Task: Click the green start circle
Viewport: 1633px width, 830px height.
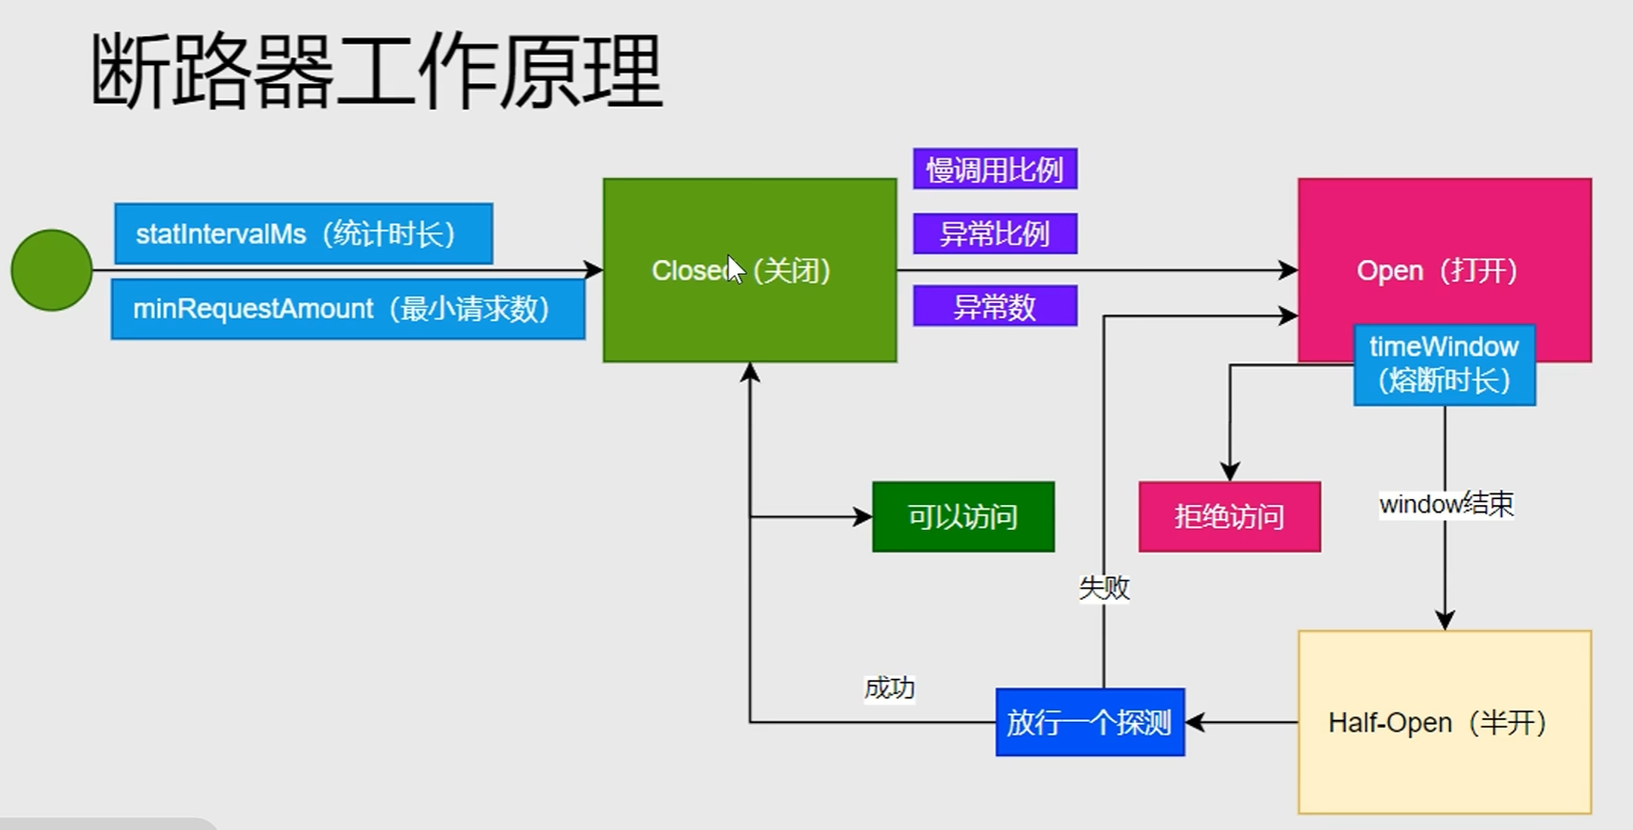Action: click(x=52, y=271)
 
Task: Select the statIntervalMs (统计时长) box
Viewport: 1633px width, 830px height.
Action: click(x=303, y=233)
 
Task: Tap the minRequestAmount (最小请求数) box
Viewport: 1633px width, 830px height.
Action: click(x=347, y=309)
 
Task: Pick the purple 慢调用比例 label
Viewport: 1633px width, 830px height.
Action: click(x=994, y=169)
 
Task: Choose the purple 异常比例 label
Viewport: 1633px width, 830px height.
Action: click(x=994, y=233)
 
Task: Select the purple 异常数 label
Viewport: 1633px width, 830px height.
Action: click(x=994, y=306)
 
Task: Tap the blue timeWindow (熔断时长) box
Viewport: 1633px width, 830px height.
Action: click(x=1444, y=365)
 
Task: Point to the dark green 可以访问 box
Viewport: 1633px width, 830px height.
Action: click(x=963, y=516)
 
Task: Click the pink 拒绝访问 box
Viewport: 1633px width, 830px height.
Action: click(x=1229, y=516)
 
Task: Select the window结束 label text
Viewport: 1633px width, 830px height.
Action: click(x=1446, y=504)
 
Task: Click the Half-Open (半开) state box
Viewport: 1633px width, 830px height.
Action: click(x=1444, y=722)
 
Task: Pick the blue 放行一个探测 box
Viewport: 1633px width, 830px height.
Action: click(x=1089, y=722)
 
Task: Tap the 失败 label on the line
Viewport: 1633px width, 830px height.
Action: click(x=1104, y=587)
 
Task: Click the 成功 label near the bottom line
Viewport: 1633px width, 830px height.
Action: click(x=889, y=688)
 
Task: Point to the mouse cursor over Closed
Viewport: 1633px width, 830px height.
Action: click(x=734, y=269)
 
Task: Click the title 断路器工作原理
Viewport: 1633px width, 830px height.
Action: click(x=376, y=71)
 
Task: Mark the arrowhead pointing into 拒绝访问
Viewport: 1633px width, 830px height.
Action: click(x=1230, y=471)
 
